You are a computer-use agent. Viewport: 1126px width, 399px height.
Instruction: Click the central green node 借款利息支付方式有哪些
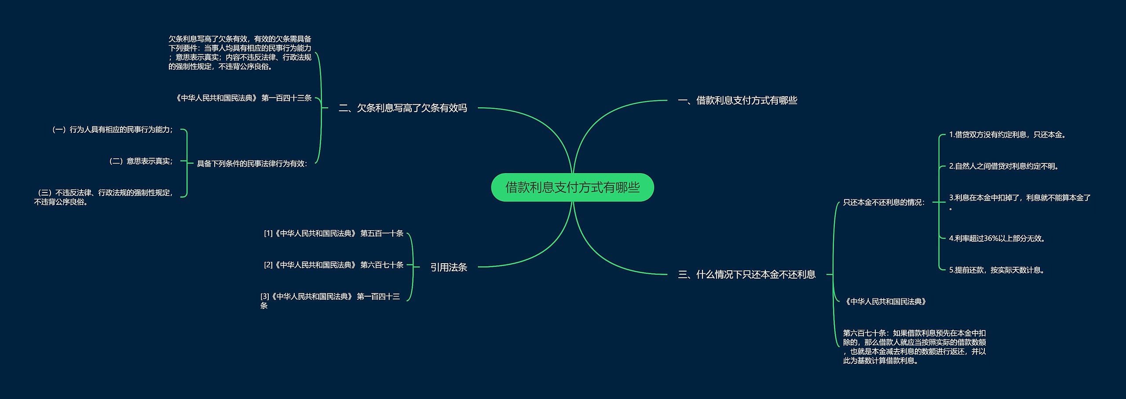(x=572, y=188)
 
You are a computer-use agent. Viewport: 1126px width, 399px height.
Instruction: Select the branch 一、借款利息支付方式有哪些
(x=738, y=101)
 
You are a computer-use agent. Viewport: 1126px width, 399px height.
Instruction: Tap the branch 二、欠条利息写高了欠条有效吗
(x=402, y=108)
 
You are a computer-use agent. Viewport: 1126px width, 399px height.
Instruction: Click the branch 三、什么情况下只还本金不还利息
(x=746, y=275)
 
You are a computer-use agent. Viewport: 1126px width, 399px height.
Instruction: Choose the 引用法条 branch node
(x=448, y=267)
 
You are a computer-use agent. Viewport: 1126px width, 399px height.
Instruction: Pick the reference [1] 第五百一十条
(x=333, y=233)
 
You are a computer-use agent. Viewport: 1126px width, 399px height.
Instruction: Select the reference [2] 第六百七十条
(x=333, y=265)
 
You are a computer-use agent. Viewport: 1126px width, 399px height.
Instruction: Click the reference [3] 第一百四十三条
(x=330, y=301)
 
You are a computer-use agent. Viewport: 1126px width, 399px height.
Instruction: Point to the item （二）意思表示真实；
(x=141, y=161)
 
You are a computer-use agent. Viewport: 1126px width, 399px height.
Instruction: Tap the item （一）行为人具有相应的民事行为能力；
(x=113, y=130)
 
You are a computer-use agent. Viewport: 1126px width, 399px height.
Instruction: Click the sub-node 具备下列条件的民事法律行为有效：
(x=252, y=164)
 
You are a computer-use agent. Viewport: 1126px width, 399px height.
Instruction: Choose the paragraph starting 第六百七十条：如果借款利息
(x=914, y=347)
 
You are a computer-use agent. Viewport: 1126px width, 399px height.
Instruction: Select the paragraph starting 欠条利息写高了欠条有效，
(x=240, y=53)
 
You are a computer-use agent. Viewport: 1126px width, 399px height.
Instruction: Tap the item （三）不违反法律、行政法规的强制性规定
(x=104, y=197)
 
